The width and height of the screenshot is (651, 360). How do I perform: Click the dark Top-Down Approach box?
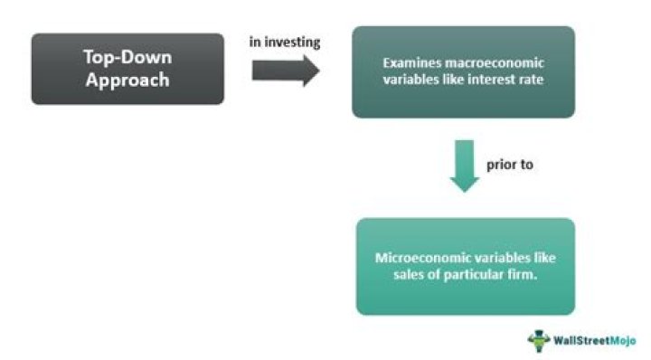tap(127, 69)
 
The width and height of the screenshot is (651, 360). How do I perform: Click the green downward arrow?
tap(465, 166)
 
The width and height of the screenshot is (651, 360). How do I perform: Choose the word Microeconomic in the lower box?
tap(419, 257)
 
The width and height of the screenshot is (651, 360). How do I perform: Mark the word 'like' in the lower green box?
tap(538, 257)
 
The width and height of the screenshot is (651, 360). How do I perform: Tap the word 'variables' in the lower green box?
tap(493, 257)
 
